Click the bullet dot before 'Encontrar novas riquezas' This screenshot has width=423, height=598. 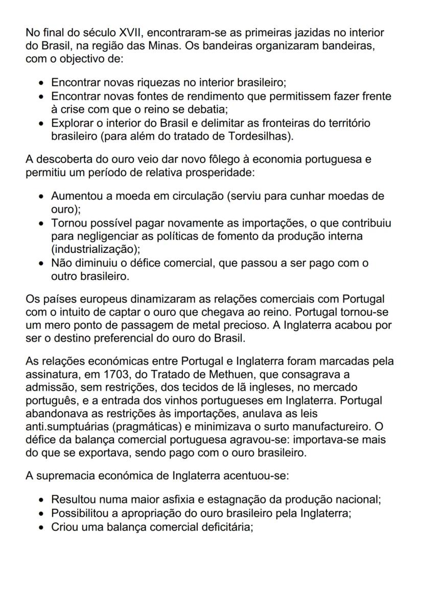pyautogui.click(x=41, y=83)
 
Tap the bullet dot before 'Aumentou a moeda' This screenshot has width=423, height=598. pyautogui.click(x=41, y=196)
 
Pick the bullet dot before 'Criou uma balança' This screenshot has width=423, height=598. pyautogui.click(x=41, y=526)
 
